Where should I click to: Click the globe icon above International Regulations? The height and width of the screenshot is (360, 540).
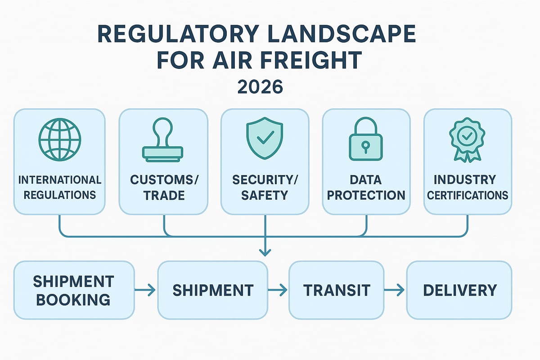click(x=60, y=139)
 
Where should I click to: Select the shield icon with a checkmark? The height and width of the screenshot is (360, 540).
click(x=265, y=139)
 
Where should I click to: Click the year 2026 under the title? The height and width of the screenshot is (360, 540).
click(x=260, y=86)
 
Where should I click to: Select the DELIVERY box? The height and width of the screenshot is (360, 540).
click(x=459, y=290)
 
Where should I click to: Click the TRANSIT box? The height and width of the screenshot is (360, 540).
click(x=337, y=290)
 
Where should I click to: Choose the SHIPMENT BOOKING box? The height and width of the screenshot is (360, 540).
click(x=74, y=290)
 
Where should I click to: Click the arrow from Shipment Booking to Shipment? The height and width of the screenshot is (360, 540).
click(x=146, y=291)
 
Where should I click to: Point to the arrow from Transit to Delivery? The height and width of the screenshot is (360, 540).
click(x=396, y=291)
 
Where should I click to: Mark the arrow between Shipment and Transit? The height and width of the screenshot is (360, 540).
click(x=278, y=291)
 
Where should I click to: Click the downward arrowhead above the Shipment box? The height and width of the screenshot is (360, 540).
click(x=265, y=253)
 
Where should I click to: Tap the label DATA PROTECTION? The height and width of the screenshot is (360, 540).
click(x=366, y=188)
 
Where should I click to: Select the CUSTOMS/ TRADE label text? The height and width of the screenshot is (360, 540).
click(x=163, y=188)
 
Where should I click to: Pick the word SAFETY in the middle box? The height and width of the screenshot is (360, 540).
click(x=265, y=196)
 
